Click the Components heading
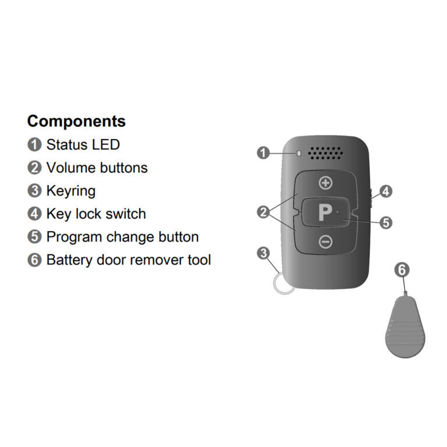pos(76,121)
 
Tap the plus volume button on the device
pos(325,183)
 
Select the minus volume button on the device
pos(325,242)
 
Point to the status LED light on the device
pos(299,154)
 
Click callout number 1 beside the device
pos(263,153)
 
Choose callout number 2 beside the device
pos(263,212)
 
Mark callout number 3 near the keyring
pos(263,253)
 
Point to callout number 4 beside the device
pos(386,191)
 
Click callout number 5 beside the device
pos(386,222)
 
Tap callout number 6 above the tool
pos(402,269)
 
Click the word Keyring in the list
pos(71,190)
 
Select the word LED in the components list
pos(106,144)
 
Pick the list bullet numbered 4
pos(35,214)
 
